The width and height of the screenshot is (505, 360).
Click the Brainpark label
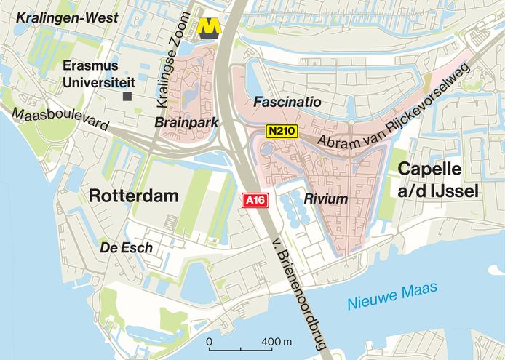[187, 124]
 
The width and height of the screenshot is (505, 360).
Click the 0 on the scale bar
[210, 341]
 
